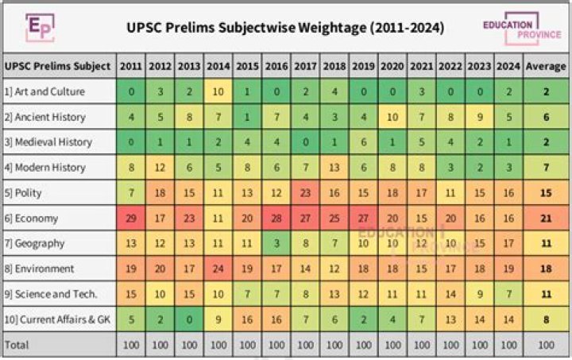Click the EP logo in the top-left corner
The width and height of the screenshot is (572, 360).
pos(37,27)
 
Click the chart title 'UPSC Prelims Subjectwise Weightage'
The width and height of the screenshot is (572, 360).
pos(286,28)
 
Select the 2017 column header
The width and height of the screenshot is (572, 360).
pos(305,66)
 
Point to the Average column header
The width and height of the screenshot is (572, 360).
pos(546,66)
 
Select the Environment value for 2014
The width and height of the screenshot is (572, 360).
pos(218,269)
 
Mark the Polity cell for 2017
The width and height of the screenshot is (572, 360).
pos(305,192)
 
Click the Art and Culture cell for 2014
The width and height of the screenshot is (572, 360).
pos(218,91)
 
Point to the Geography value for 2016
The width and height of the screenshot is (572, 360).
pos(276,243)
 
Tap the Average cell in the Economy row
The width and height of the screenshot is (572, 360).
pos(546,218)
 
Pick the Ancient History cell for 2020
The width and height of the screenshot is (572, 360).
pos(392,117)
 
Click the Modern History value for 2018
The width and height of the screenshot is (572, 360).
pos(334,167)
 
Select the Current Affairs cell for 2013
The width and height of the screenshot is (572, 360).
pos(188,319)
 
